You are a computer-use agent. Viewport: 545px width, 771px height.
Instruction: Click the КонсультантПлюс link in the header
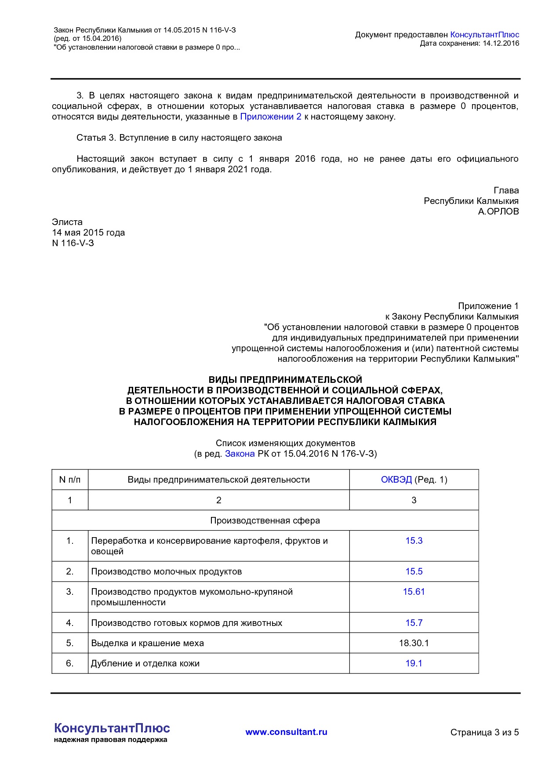coord(484,35)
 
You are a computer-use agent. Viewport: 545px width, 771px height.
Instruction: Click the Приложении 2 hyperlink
coord(271,116)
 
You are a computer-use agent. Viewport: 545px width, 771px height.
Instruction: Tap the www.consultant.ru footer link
coord(286,732)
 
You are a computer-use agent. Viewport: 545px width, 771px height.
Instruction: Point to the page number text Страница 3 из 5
coord(484,732)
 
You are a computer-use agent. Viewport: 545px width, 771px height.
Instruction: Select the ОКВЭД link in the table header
coord(396,480)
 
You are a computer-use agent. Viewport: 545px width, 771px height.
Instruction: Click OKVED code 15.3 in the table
coord(414,541)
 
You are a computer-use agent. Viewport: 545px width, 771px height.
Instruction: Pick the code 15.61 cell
coord(414,592)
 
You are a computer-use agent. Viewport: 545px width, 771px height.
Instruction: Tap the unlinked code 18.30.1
coord(414,643)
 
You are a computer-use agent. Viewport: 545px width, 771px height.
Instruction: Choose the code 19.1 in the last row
coord(414,663)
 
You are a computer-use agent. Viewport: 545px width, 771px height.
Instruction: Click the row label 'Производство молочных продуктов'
coord(166,571)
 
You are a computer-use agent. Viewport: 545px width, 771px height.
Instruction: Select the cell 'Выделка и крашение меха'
coord(147,643)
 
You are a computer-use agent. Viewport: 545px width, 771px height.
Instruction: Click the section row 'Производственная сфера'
coord(265,520)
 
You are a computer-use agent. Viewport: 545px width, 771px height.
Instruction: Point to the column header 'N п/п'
coord(70,480)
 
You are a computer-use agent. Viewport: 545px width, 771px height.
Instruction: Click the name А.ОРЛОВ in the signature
coord(498,211)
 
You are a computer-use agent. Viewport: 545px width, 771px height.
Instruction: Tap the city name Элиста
coord(67,222)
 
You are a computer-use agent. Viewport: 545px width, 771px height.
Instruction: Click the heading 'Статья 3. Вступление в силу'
coord(179,138)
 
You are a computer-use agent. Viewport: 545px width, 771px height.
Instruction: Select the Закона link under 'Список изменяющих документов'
coord(240,454)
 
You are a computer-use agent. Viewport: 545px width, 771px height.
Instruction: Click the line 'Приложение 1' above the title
coord(488,306)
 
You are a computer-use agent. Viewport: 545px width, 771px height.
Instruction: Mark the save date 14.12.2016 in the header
coord(501,43)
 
